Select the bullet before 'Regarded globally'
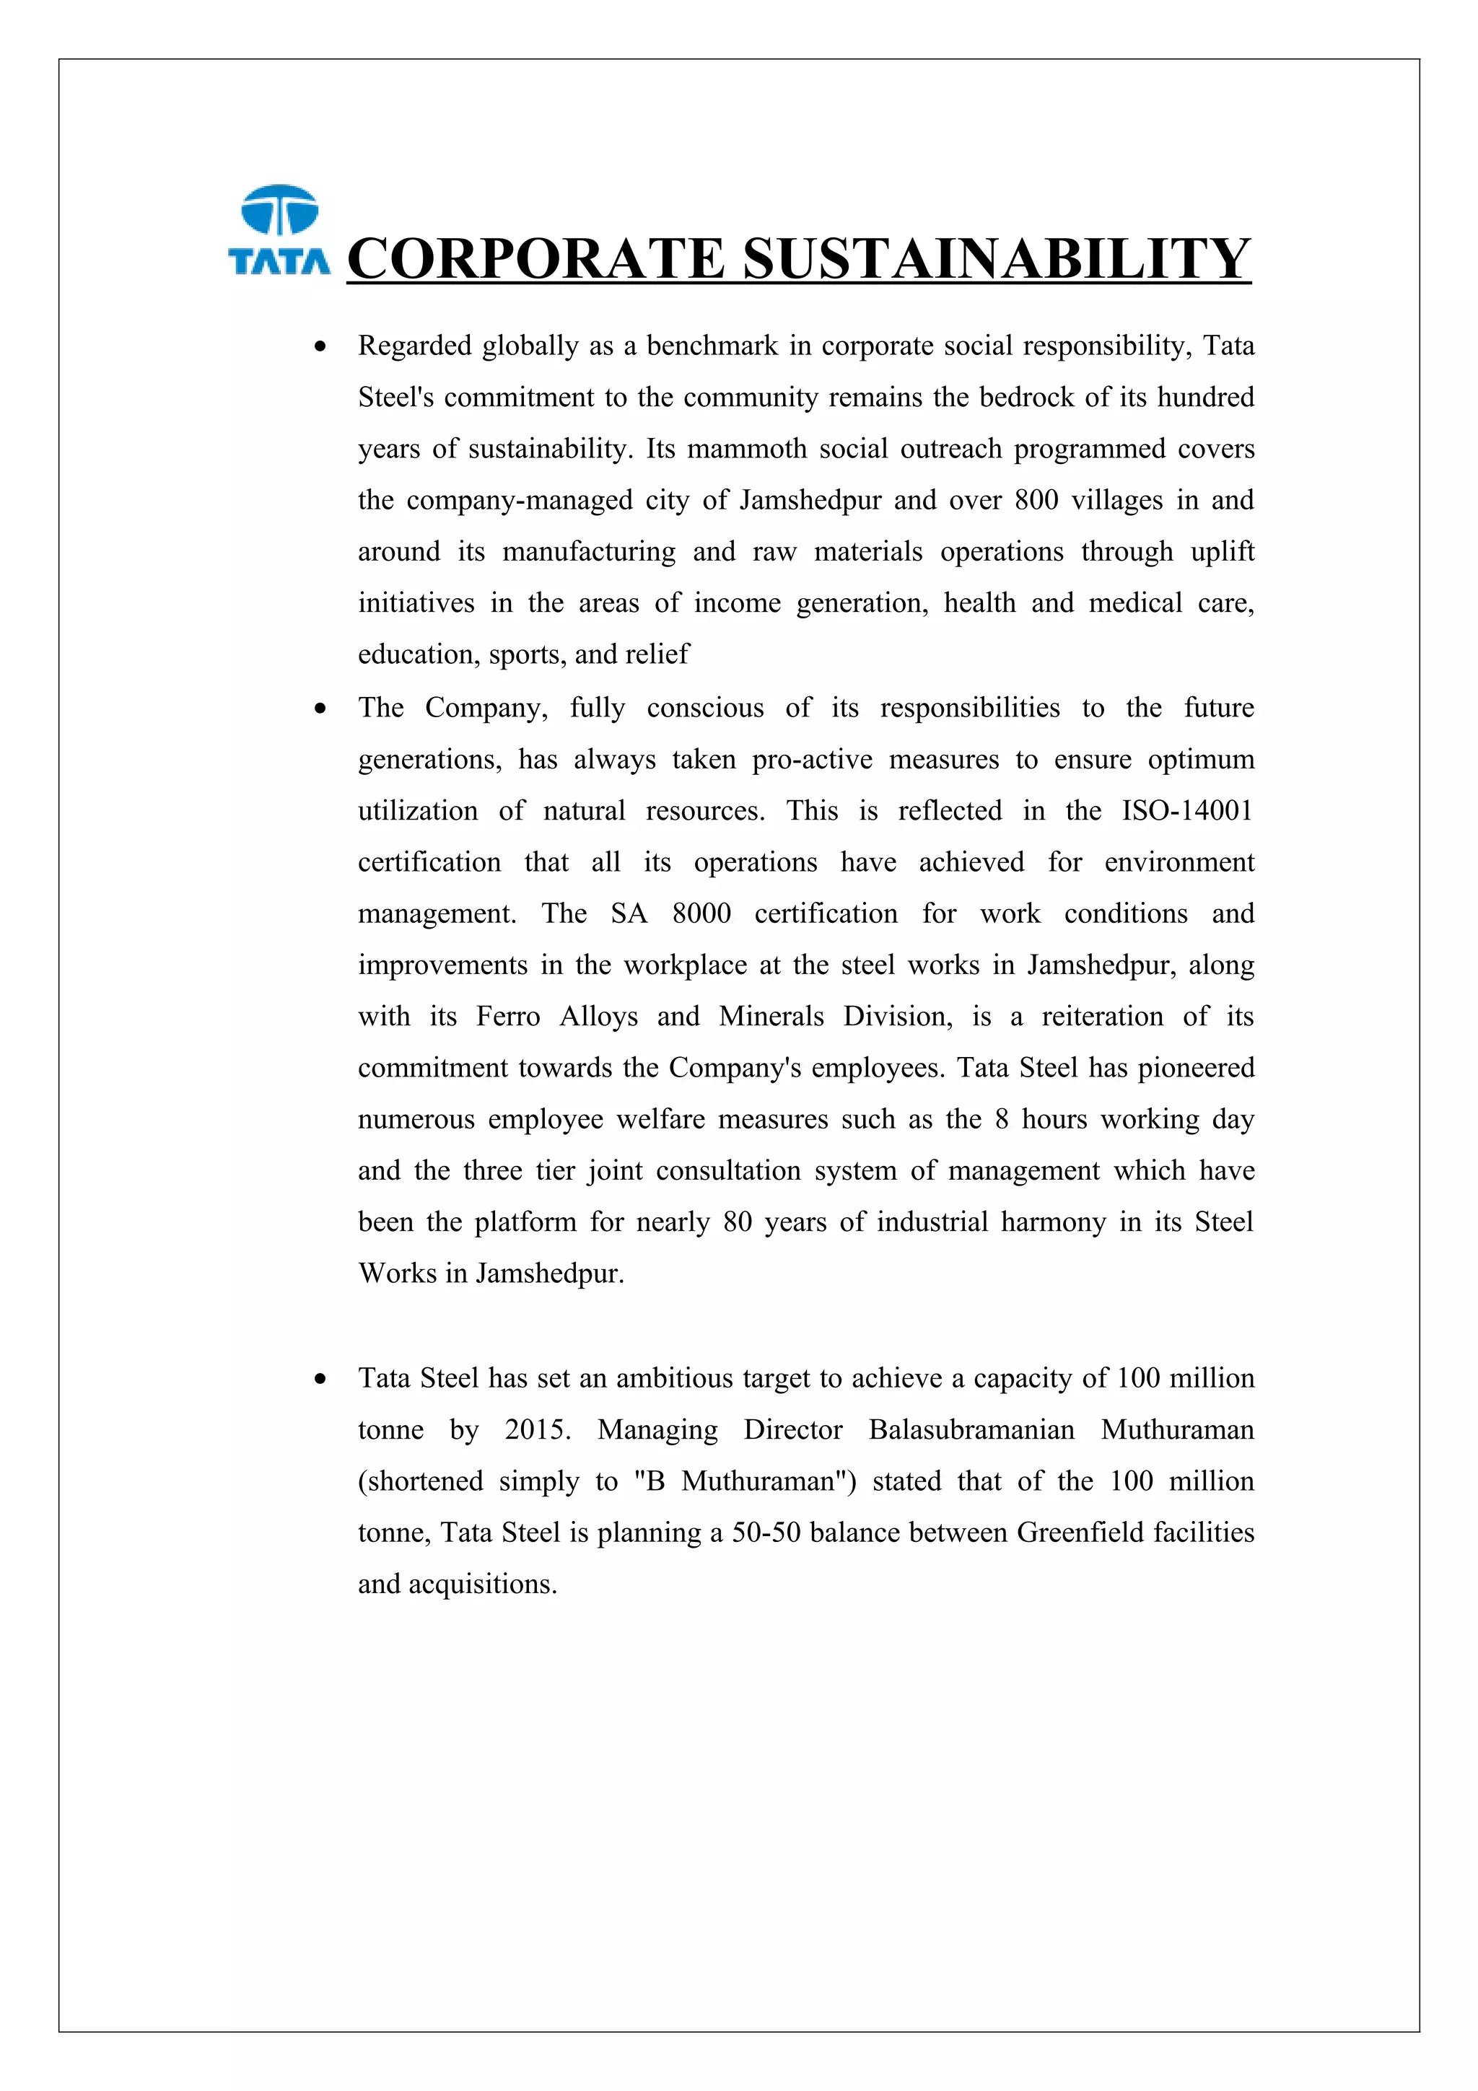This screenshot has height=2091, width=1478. (320, 347)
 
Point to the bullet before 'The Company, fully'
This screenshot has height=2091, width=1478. (320, 709)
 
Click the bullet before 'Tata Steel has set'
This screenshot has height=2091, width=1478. (320, 1380)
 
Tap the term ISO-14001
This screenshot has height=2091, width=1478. (1186, 810)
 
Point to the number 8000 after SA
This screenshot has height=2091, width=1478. (701, 913)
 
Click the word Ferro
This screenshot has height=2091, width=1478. (507, 1017)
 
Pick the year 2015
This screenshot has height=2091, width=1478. (536, 1430)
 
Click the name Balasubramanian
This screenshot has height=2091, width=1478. (971, 1430)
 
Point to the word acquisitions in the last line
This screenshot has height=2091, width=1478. (482, 1584)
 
